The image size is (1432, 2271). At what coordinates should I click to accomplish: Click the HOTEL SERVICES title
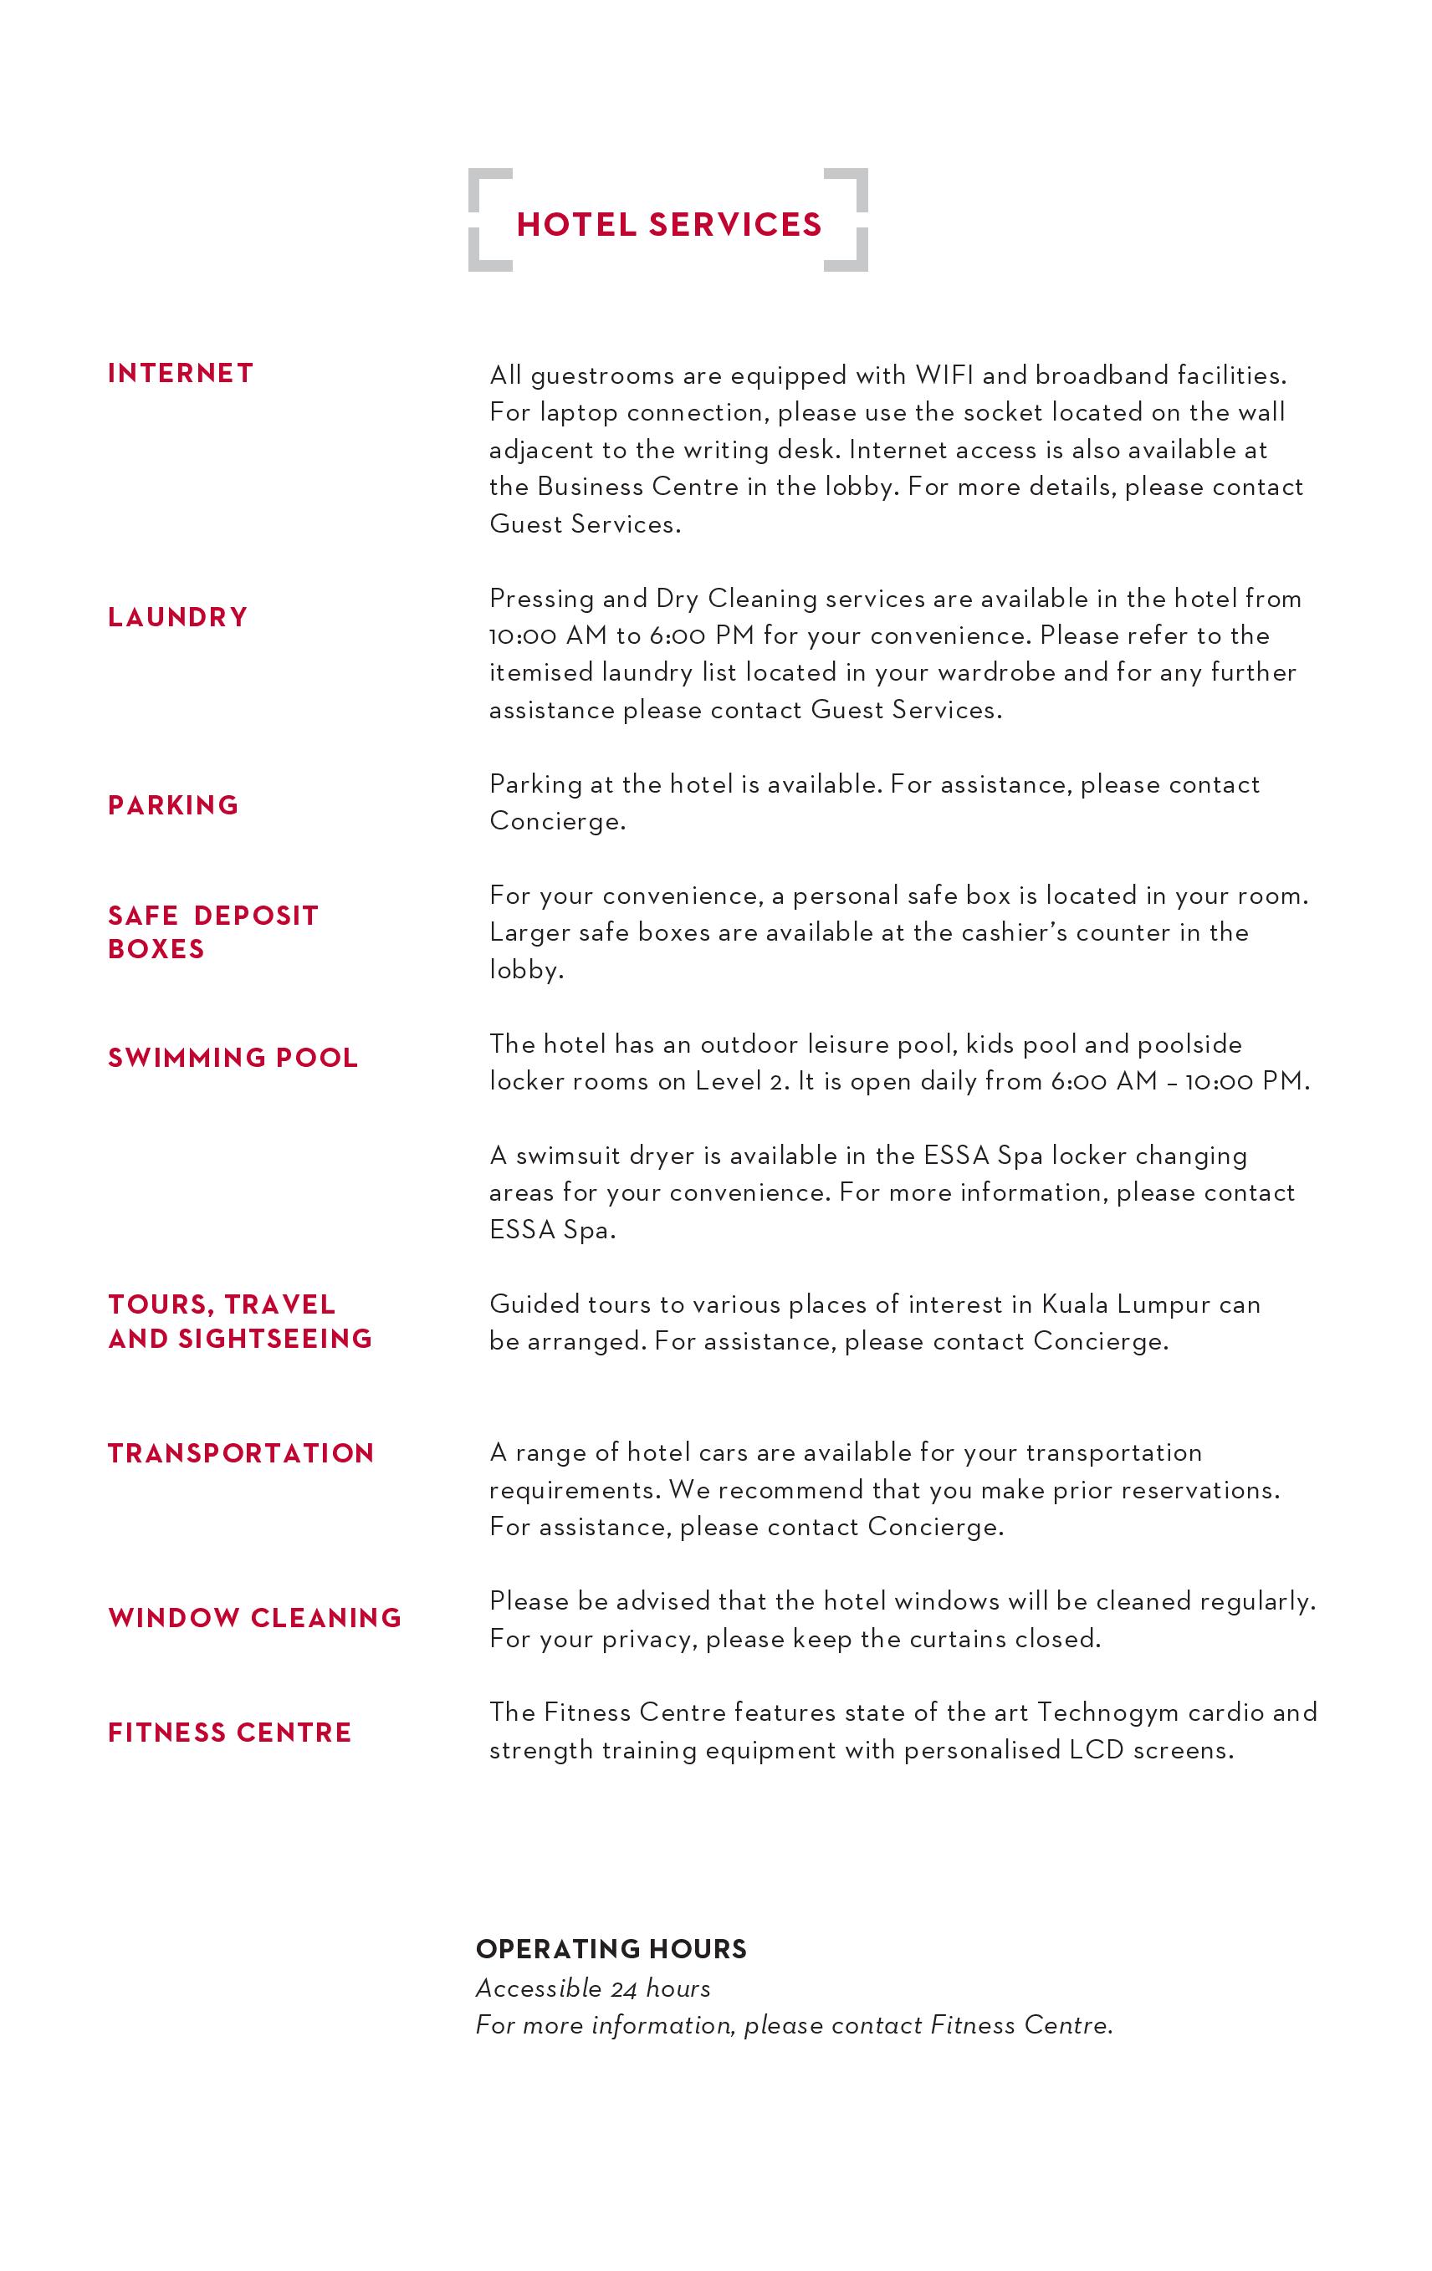click(669, 224)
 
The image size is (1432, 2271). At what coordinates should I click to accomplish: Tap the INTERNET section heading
click(180, 374)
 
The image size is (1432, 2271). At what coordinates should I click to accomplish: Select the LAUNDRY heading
click(177, 617)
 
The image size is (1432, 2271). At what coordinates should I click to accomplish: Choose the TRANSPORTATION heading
click(241, 1453)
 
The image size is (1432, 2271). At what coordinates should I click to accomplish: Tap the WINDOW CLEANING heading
click(255, 1618)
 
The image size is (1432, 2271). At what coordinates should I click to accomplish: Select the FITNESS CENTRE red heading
click(229, 1733)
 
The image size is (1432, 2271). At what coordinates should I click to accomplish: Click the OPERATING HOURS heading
click(611, 1949)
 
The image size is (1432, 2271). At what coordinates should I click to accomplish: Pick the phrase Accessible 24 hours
click(592, 1988)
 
